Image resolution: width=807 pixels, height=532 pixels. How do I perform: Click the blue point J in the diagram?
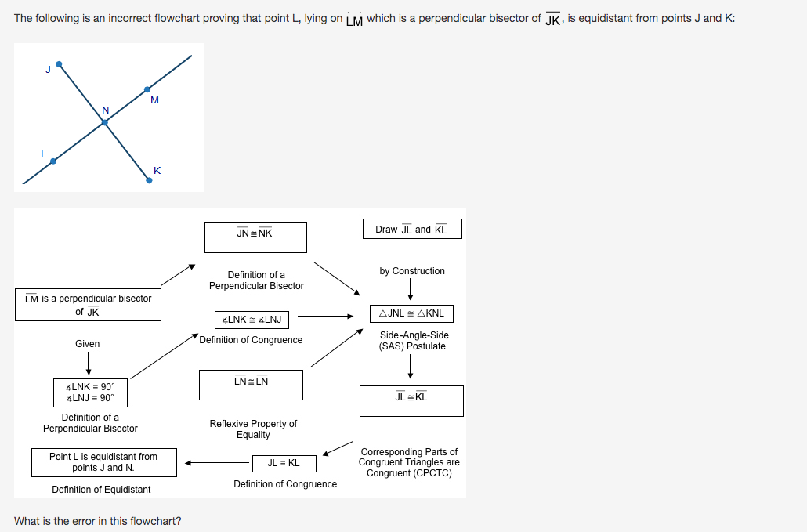click(x=59, y=64)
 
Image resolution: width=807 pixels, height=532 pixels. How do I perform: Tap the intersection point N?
click(x=104, y=122)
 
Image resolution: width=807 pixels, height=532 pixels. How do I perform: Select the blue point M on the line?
click(x=147, y=89)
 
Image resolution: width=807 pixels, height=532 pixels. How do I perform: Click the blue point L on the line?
click(x=53, y=161)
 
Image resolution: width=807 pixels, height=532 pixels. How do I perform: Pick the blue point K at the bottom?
click(x=149, y=179)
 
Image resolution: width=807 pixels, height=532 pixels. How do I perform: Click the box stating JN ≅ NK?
click(x=255, y=237)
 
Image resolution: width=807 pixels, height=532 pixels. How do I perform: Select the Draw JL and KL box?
click(x=412, y=229)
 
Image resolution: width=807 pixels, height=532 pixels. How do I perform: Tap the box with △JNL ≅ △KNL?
click(x=411, y=313)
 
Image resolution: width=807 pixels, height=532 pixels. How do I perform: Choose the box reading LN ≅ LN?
click(x=252, y=385)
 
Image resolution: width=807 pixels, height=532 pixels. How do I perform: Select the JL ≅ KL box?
click(x=411, y=400)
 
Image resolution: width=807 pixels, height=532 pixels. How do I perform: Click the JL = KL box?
click(x=284, y=463)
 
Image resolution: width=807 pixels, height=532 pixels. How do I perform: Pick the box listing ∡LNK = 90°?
click(x=90, y=391)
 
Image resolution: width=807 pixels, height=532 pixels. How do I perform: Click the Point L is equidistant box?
click(x=103, y=462)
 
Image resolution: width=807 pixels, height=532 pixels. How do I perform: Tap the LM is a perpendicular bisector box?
click(x=88, y=305)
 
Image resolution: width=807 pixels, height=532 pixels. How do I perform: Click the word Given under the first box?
click(x=88, y=344)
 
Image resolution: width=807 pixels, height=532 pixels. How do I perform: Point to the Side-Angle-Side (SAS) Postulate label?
click(x=412, y=341)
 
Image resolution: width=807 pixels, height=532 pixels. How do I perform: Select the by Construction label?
click(x=412, y=271)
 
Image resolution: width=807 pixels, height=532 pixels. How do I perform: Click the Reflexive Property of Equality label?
click(x=253, y=429)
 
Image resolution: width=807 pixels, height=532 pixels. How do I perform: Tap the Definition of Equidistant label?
click(x=101, y=490)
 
